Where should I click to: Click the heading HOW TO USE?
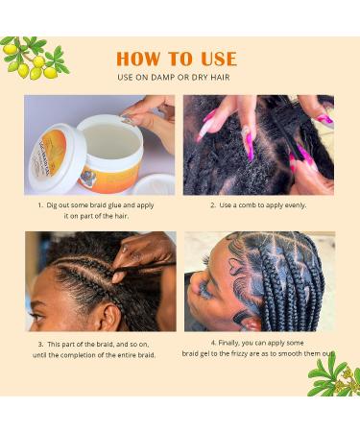177,59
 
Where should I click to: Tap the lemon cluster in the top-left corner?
34,58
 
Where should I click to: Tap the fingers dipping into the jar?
144,110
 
